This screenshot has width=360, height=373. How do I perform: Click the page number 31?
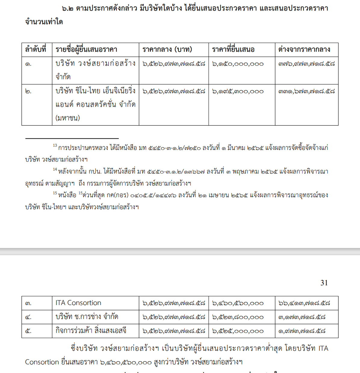point(324,283)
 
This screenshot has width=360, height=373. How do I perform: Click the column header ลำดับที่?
point(36,49)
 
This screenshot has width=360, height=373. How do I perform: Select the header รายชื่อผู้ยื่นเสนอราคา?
point(86,49)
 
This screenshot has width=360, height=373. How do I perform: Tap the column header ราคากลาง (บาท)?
point(167,49)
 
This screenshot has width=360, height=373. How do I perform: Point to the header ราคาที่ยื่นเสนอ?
point(233,49)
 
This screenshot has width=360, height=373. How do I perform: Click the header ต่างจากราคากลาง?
point(304,49)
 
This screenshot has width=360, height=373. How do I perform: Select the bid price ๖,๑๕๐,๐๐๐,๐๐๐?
point(238,64)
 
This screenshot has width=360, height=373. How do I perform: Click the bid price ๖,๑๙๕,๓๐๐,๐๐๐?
point(238,91)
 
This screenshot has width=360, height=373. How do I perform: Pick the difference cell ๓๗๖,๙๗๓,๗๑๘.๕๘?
point(306,64)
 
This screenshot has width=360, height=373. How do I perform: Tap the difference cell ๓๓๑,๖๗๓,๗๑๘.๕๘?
point(306,91)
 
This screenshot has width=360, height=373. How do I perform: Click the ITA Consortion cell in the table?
point(78,303)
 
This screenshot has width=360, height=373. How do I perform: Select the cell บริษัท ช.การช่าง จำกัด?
point(87,317)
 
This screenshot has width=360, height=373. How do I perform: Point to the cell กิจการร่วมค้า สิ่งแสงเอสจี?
point(91,331)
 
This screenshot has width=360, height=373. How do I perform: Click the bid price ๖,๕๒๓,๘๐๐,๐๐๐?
point(238,317)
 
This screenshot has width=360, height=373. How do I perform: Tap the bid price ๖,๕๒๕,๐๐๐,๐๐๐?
point(238,331)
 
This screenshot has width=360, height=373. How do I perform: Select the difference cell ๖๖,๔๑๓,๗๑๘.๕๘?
point(304,303)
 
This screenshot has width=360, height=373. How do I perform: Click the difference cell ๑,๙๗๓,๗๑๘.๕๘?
point(302,331)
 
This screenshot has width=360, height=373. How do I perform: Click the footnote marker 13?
point(55,146)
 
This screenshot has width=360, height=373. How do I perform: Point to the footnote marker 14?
point(55,169)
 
